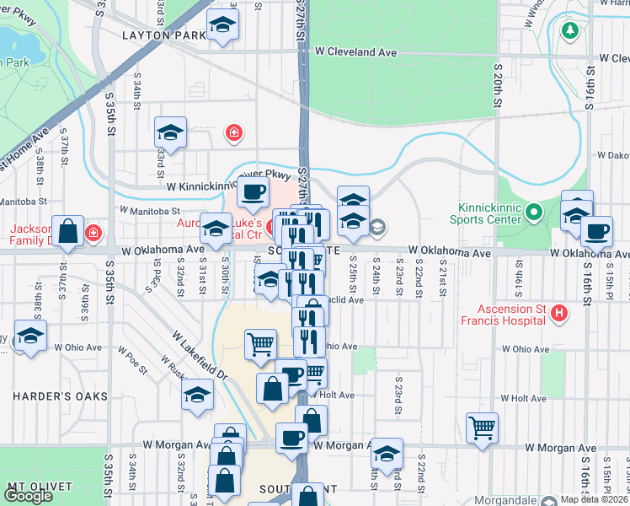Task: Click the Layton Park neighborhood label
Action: tap(163, 35)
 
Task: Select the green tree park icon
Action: tap(570, 30)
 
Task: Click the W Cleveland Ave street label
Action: tap(356, 51)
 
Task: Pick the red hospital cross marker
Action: tap(233, 132)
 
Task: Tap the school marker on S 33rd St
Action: tap(170, 133)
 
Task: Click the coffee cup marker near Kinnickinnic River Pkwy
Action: tap(251, 192)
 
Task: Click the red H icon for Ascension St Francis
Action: tap(558, 314)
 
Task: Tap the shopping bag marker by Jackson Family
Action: tap(67, 231)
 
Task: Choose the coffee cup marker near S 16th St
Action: tap(596, 231)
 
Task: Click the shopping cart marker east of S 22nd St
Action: tap(482, 427)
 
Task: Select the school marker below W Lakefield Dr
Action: tap(197, 394)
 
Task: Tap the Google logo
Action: tap(29, 497)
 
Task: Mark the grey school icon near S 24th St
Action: tap(376, 225)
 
